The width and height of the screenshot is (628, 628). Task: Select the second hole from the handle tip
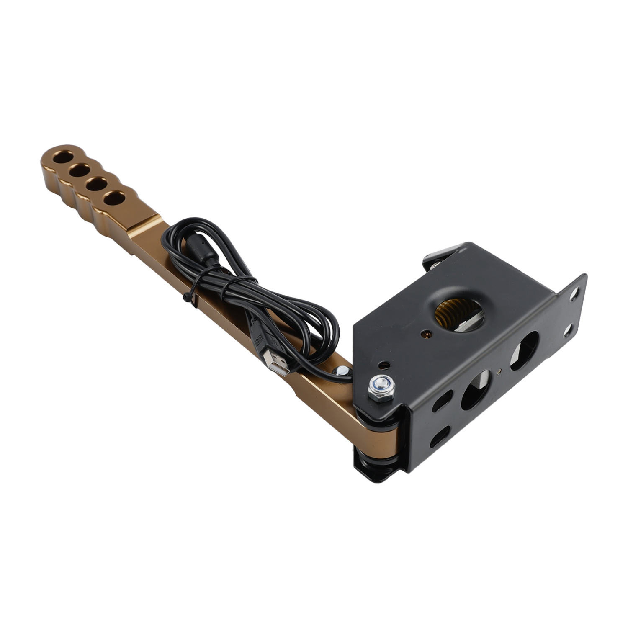point(80,170)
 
